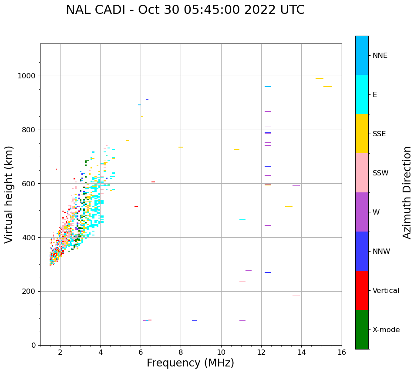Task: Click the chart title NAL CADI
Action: click(185, 10)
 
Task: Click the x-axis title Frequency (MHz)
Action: click(190, 363)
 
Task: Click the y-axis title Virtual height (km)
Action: click(9, 194)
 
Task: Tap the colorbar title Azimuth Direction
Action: click(407, 192)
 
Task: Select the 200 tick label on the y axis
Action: click(30, 291)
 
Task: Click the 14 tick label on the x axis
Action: click(301, 352)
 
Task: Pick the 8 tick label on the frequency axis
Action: click(181, 352)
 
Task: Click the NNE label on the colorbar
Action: click(380, 56)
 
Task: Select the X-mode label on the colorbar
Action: click(386, 330)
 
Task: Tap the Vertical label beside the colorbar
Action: click(386, 291)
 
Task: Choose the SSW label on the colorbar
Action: click(380, 173)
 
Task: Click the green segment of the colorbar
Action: click(362, 329)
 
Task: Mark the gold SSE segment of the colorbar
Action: click(362, 134)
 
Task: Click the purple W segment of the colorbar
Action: click(362, 212)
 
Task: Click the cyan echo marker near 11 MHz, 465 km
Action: click(242, 220)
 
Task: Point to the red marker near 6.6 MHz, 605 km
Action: click(153, 182)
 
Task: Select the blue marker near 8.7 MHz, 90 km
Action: click(194, 321)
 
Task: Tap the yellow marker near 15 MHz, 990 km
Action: click(319, 78)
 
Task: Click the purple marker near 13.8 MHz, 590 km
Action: click(296, 186)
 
